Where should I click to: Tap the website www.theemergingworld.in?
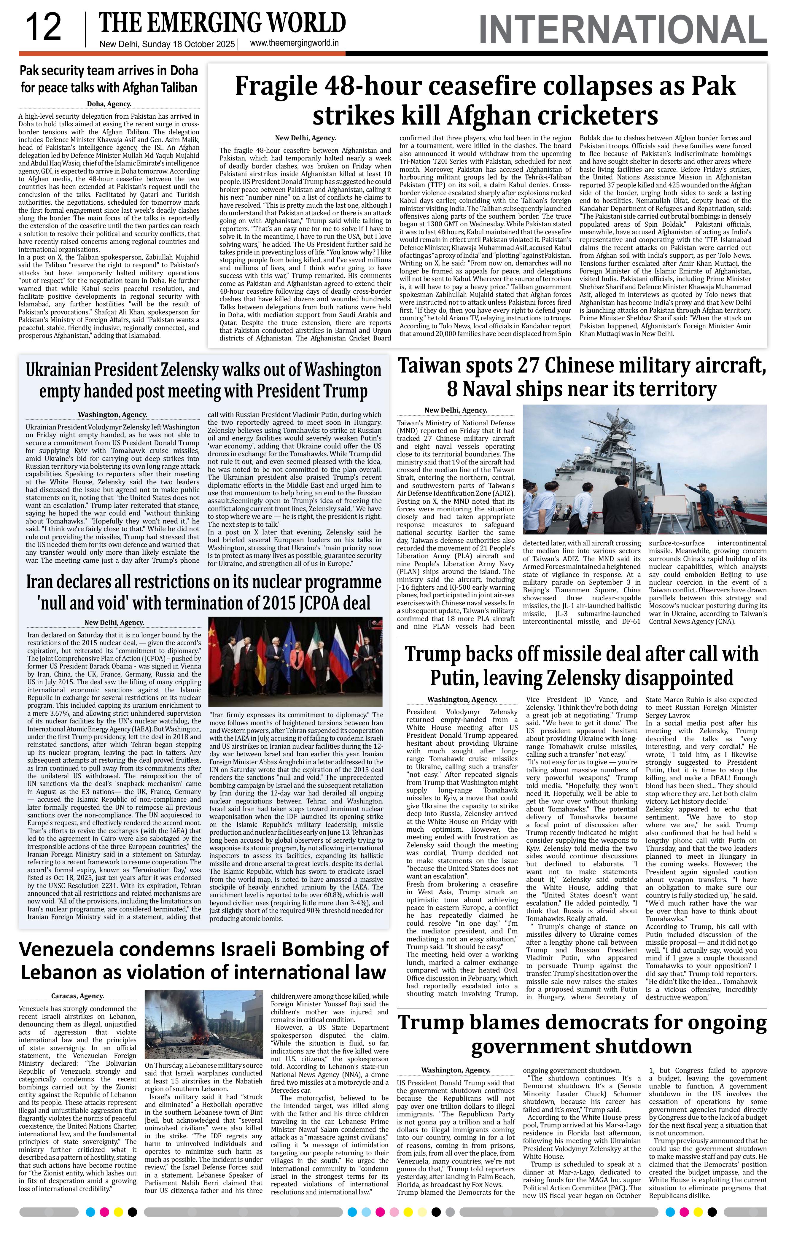tap(295, 44)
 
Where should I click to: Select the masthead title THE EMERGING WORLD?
tap(222, 23)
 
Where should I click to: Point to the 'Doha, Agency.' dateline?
tap(109, 104)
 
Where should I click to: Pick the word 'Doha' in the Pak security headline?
tap(182, 70)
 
